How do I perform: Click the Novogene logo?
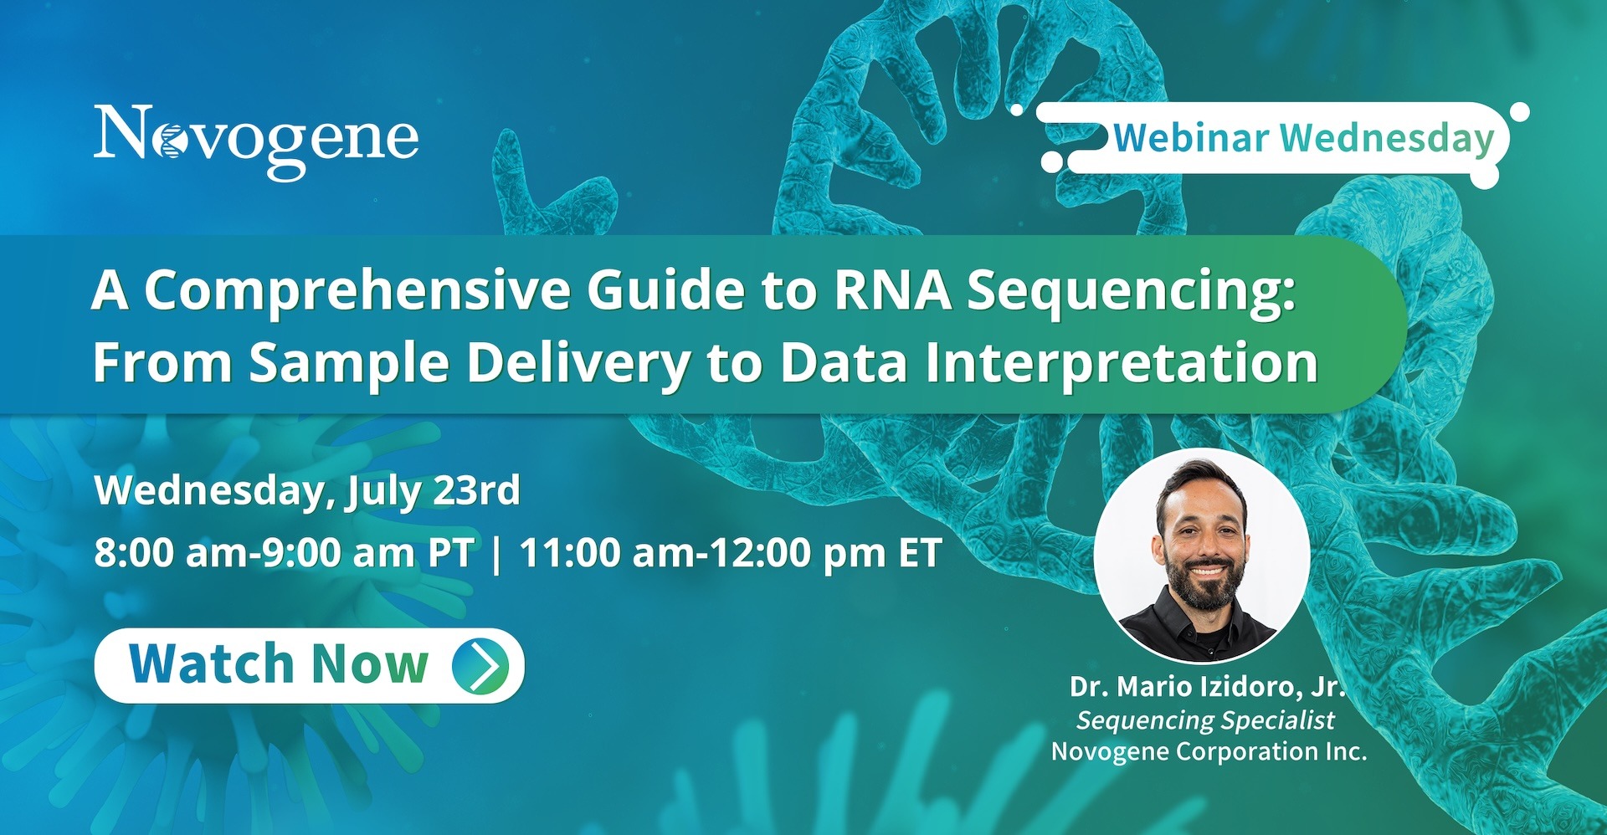pyautogui.click(x=256, y=141)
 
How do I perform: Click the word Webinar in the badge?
pyautogui.click(x=1191, y=138)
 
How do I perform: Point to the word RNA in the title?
pyautogui.click(x=892, y=290)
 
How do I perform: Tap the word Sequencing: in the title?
pyautogui.click(x=1132, y=293)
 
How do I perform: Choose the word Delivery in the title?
pyautogui.click(x=578, y=365)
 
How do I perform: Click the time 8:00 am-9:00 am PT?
pyautogui.click(x=284, y=553)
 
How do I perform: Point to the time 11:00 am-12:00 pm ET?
pyautogui.click(x=731, y=553)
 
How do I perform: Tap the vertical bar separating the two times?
pyautogui.click(x=497, y=554)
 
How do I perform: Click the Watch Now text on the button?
pyautogui.click(x=279, y=664)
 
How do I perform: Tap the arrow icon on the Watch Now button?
pyautogui.click(x=480, y=665)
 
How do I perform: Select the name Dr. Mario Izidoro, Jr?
pyautogui.click(x=1207, y=687)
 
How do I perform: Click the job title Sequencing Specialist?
pyautogui.click(x=1205, y=720)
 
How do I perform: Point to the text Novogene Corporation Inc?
pyautogui.click(x=1209, y=751)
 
